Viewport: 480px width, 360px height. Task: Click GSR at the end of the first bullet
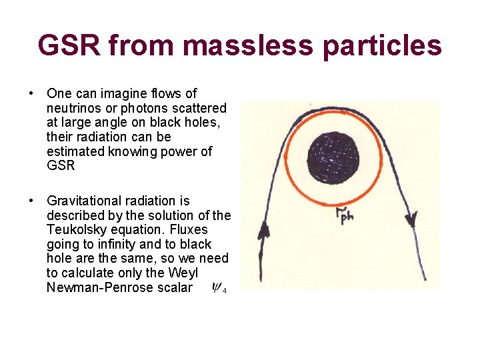pyautogui.click(x=61, y=166)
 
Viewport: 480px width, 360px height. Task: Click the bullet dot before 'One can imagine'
pyautogui.click(x=32, y=93)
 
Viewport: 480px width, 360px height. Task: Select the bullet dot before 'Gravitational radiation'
pyautogui.click(x=32, y=201)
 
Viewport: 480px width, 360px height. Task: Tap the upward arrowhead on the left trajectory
pyautogui.click(x=263, y=231)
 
